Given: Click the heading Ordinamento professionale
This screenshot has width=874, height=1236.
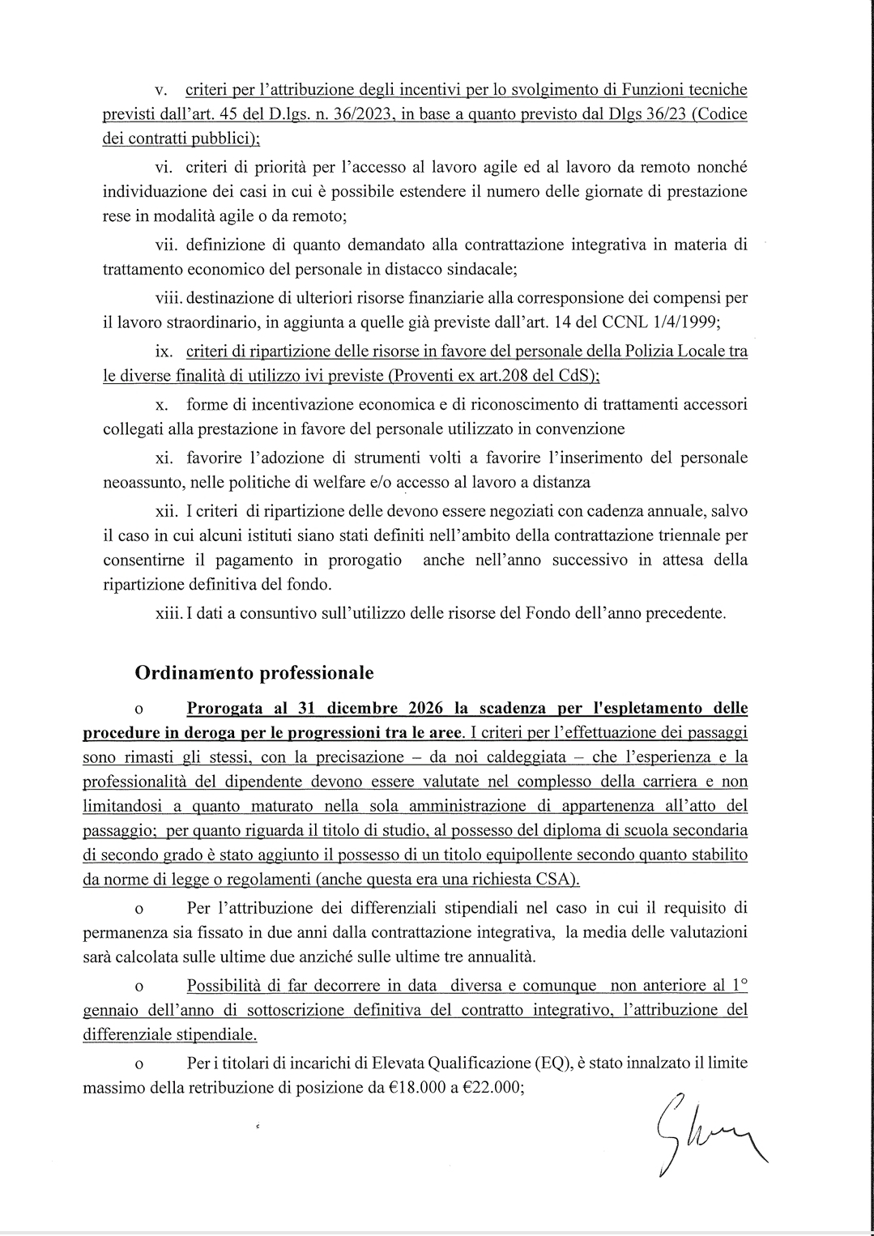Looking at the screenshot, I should (x=254, y=673).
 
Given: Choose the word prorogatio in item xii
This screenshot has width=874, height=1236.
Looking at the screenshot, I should (x=365, y=560).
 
